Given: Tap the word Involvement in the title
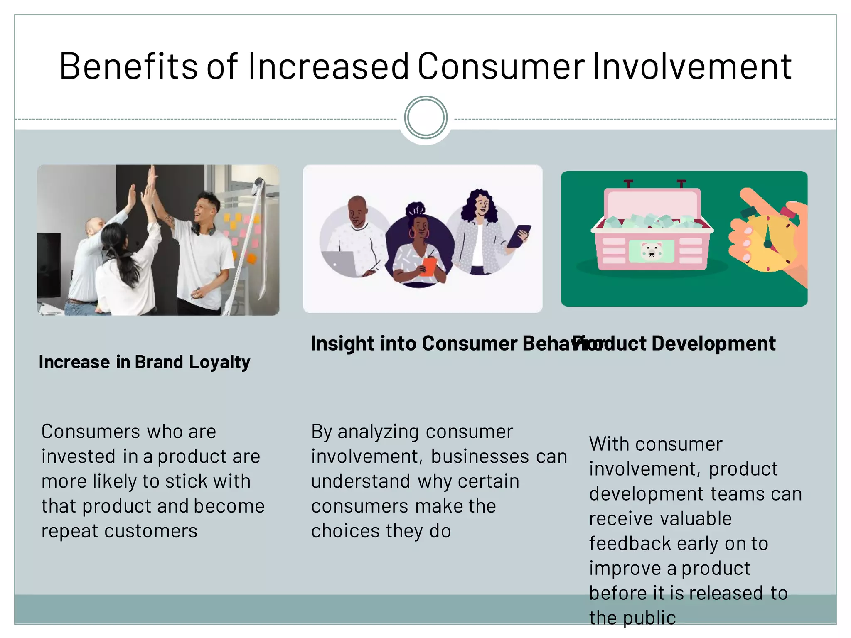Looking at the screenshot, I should [x=691, y=66].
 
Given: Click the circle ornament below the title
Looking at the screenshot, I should [x=425, y=118].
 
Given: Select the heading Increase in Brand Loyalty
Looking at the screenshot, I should [x=144, y=362].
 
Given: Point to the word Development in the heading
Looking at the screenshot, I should [x=713, y=344].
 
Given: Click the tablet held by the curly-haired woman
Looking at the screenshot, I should [x=518, y=236].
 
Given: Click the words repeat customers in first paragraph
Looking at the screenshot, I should [x=119, y=531].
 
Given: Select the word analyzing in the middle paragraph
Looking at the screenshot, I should [x=377, y=432].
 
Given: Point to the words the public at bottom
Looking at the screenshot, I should [x=632, y=618].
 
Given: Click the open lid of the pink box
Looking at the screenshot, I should [x=652, y=203].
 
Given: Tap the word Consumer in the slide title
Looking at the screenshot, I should [x=501, y=66].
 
